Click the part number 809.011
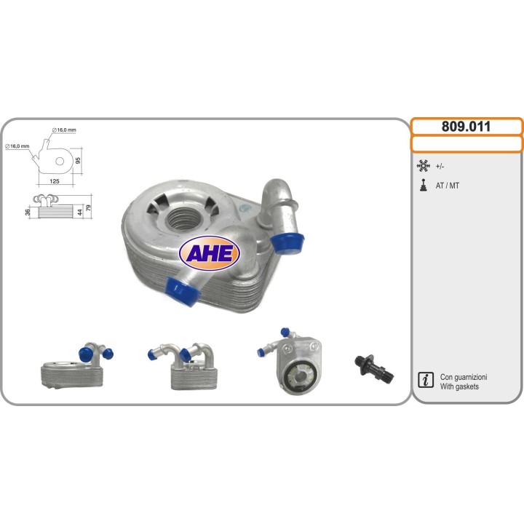coord(466,127)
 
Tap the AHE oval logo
coord(210,253)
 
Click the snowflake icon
coord(423,166)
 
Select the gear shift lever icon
coord(424,185)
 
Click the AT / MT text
coord(447,186)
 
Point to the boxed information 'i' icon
coord(426,380)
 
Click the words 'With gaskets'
coord(459,386)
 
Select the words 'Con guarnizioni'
coord(464,377)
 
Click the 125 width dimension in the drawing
coord(54,181)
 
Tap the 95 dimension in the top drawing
coord(78,160)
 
